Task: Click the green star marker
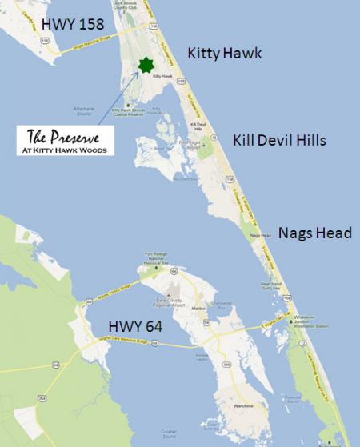145,65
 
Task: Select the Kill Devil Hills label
279,140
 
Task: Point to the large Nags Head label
315,233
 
